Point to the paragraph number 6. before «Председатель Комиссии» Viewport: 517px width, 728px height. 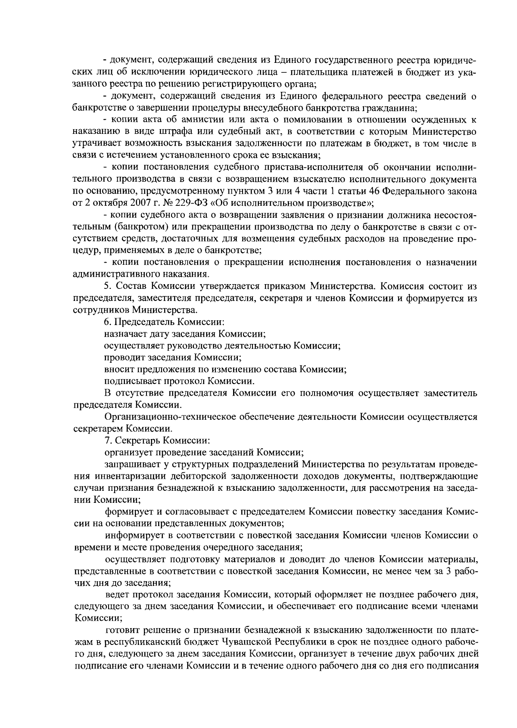[x=107, y=322]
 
